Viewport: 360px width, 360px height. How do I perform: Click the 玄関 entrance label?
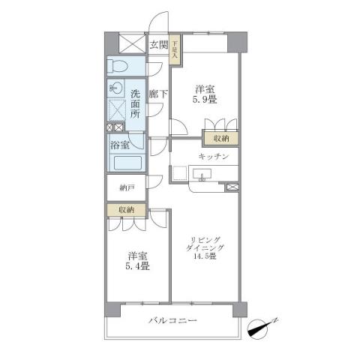[158, 44]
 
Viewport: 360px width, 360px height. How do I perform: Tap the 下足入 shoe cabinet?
[174, 49]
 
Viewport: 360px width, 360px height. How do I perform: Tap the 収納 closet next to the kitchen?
[220, 139]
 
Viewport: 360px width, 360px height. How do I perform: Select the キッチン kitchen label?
[213, 157]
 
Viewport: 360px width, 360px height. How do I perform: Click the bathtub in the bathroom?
[127, 163]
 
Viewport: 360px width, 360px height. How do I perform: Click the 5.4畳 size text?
[137, 266]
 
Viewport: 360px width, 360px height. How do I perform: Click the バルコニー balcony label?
[172, 321]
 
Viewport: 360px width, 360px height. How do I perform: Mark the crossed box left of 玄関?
[125, 42]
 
